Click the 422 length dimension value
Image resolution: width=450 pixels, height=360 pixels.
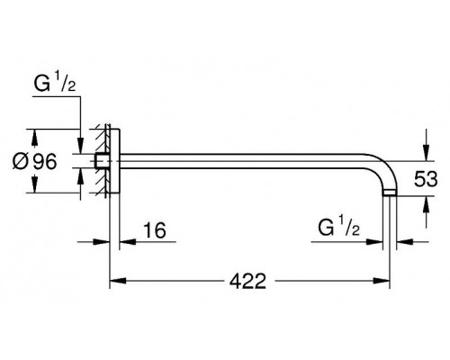coord(247,281)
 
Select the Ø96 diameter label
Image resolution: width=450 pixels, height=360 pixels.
coord(34,161)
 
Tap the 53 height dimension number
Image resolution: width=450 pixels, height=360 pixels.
coord(426,179)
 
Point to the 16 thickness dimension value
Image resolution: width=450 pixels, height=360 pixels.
coord(155,230)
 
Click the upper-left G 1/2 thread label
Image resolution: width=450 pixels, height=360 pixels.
coord(55,83)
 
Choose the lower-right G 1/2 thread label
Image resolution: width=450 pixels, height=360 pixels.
coord(338,227)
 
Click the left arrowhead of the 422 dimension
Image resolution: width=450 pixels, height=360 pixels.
coord(118,281)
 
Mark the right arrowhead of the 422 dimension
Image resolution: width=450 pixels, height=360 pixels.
coord(382,281)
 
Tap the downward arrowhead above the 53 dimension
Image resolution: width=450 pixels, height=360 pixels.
coord(426,153)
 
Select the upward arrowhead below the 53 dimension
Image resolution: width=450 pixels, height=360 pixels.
coord(426,204)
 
